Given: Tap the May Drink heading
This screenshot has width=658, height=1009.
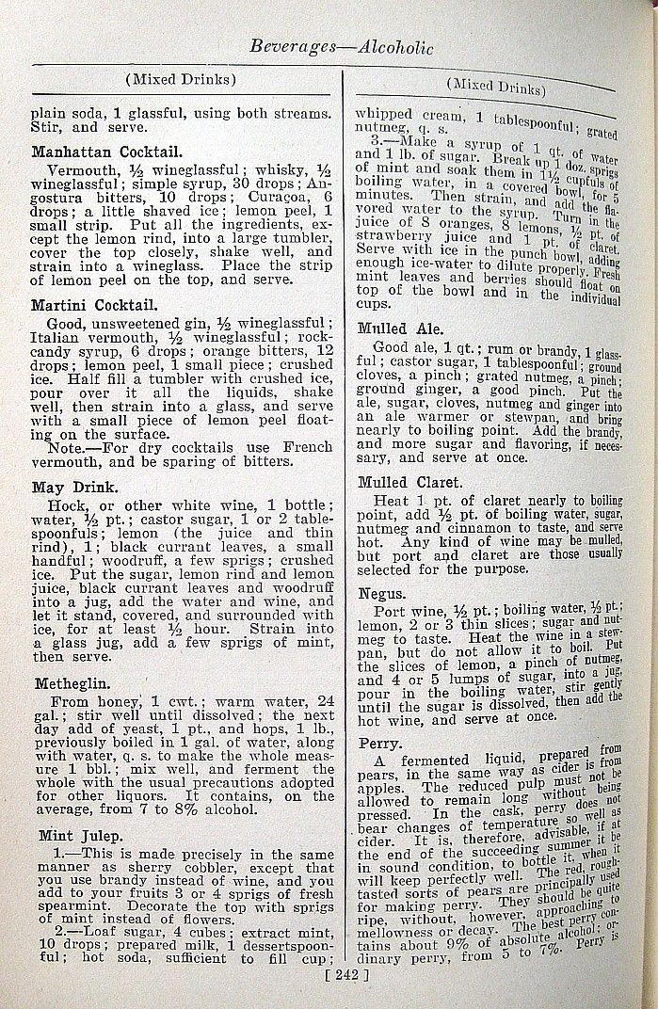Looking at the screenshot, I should (74, 488).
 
